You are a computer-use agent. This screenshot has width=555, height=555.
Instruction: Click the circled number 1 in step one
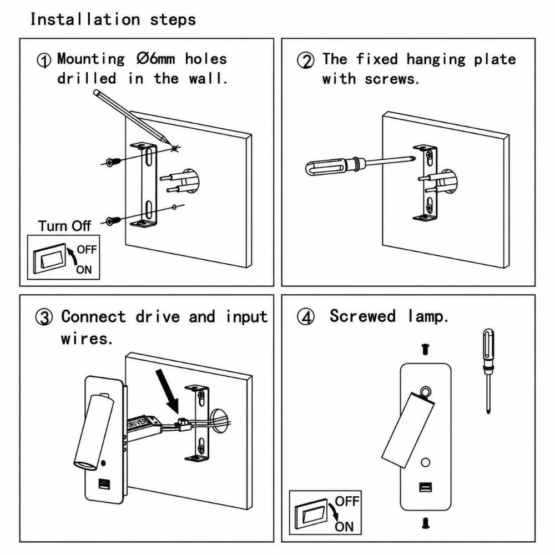point(44,60)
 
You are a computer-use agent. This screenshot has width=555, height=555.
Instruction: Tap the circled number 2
point(305,60)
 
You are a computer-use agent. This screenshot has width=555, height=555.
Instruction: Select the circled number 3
point(44,317)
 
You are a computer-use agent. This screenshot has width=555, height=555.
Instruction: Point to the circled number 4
point(305,317)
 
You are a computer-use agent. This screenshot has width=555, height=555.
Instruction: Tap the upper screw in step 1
point(113,162)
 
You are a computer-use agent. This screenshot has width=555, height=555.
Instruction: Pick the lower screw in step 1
point(113,220)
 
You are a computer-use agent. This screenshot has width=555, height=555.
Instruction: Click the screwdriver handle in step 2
point(325,167)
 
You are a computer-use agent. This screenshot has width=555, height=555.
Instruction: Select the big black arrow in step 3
point(168,391)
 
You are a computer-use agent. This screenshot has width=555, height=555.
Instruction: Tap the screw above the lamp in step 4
point(426,349)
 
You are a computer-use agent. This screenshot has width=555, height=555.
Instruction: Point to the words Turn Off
point(64,226)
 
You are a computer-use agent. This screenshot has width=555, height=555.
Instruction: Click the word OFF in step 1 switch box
point(87,250)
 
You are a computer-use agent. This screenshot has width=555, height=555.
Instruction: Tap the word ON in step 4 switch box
point(344,527)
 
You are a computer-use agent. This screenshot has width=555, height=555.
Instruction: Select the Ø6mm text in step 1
point(156,59)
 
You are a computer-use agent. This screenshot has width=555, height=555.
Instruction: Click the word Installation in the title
point(85,19)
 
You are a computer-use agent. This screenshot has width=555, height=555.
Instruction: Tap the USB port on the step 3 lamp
point(104,484)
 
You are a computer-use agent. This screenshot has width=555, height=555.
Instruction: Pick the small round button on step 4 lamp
point(426,462)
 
